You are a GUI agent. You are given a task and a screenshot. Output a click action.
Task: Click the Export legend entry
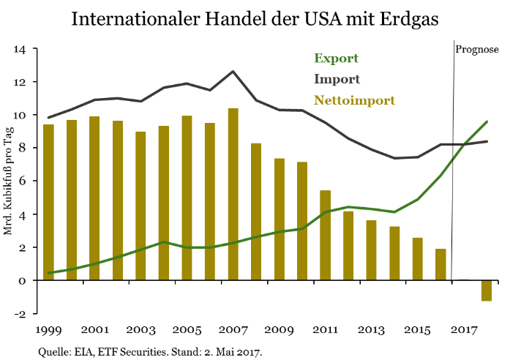click(336, 59)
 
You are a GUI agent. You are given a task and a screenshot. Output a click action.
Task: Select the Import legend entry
click(337, 79)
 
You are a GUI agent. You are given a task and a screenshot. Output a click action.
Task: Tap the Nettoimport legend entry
click(354, 100)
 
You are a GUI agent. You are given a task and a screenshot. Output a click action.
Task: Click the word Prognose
click(477, 50)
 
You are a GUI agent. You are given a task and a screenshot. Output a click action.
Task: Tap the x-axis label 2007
click(233, 331)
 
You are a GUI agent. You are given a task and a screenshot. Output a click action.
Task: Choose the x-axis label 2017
click(463, 331)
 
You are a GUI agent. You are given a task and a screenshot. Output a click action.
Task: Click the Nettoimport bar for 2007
click(233, 195)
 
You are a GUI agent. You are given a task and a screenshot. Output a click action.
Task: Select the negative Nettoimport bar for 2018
click(487, 290)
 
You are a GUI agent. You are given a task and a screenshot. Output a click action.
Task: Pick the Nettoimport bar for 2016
click(440, 265)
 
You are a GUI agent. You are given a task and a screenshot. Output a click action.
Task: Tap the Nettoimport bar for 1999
click(49, 203)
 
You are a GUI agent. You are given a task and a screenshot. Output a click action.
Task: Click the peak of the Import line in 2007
click(233, 72)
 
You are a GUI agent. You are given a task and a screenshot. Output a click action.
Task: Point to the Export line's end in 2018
click(487, 122)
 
